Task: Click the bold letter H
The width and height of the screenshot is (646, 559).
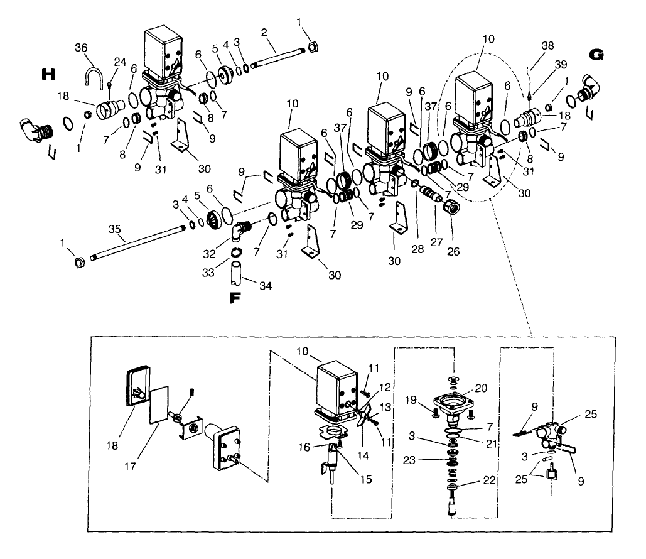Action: click(x=46, y=75)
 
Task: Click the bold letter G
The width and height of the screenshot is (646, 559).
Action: click(x=597, y=55)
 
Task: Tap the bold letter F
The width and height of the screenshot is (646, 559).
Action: click(x=235, y=298)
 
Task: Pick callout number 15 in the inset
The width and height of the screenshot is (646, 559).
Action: click(x=366, y=479)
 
